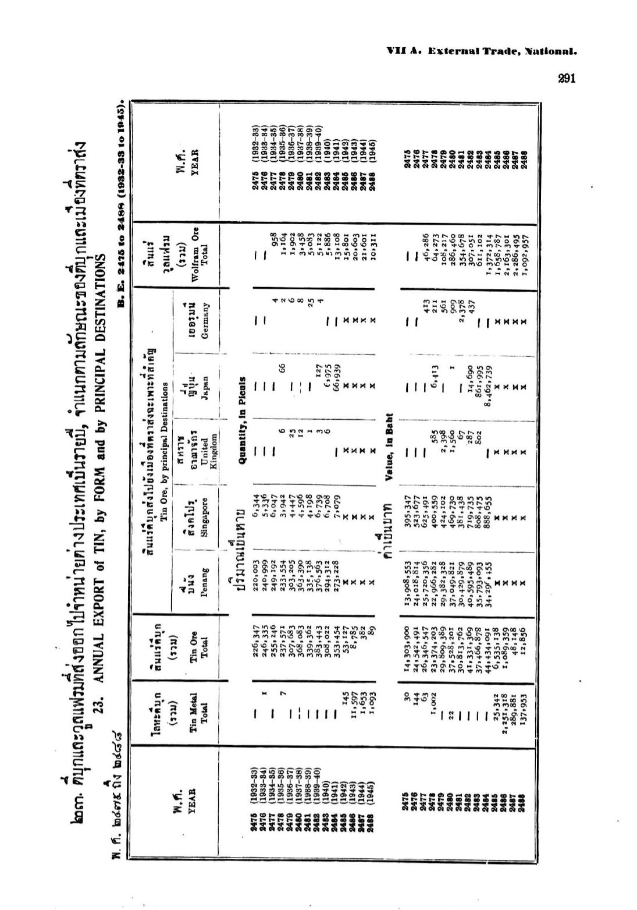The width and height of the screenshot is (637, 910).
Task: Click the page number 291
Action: point(566,78)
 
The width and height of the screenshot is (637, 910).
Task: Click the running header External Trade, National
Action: point(481,51)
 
